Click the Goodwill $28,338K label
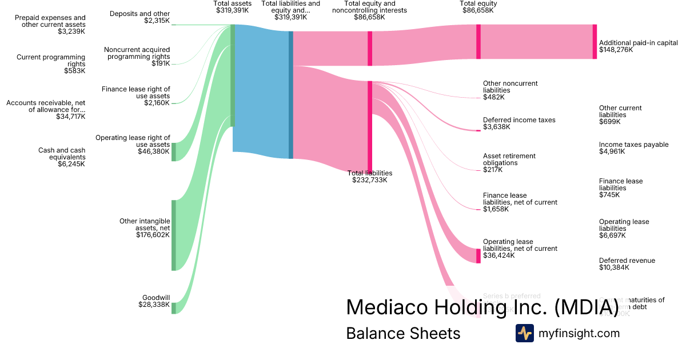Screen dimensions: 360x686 click(154, 301)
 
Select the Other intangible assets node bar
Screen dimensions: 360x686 click(174, 235)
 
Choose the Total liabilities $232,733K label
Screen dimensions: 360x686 click(370, 176)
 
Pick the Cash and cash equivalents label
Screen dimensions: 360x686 click(62, 157)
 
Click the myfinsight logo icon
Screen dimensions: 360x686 click(524, 333)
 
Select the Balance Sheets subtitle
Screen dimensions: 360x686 click(403, 333)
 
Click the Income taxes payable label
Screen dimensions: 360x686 click(633, 148)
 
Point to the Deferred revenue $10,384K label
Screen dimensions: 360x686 click(627, 264)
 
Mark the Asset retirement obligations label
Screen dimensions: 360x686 click(509, 162)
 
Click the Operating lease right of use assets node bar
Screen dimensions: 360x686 click(174, 152)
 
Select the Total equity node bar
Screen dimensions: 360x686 click(478, 42)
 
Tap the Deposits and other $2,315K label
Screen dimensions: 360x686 click(139, 17)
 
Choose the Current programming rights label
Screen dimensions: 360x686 click(51, 63)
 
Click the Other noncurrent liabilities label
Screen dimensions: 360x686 click(510, 90)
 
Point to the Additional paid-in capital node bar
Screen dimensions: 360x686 click(595, 42)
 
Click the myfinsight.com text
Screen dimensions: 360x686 click(579, 333)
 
